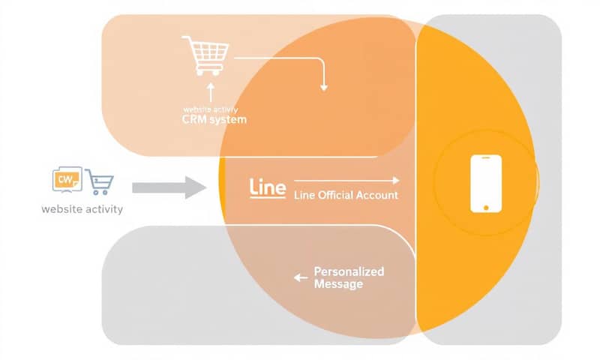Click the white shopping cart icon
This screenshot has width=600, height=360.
tap(205, 55)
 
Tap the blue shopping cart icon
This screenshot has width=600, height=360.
tap(100, 181)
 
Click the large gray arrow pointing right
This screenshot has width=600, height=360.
tap(169, 187)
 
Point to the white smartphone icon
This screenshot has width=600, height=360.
tap(485, 183)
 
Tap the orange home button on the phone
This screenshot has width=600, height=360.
tap(485, 206)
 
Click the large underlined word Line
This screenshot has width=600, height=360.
tap(267, 187)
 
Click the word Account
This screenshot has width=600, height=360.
tap(379, 196)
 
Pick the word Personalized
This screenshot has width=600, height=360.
tap(349, 271)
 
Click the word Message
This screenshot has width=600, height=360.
tap(338, 284)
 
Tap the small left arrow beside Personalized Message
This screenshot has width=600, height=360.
tap(301, 277)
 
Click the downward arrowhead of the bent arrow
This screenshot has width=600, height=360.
tap(324, 87)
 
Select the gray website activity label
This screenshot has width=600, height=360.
tap(82, 209)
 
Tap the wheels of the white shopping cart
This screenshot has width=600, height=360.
tap(210, 72)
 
